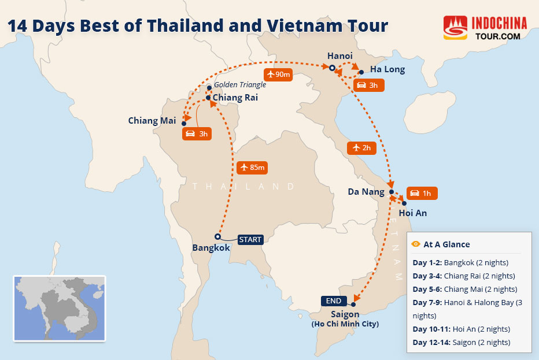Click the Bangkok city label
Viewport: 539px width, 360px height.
(x=211, y=248)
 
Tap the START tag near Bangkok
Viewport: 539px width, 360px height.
(x=250, y=239)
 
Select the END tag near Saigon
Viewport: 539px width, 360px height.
(x=334, y=300)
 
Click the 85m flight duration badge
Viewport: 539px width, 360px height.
(x=252, y=168)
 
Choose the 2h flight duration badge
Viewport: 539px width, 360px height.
(x=361, y=148)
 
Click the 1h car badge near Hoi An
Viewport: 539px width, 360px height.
(x=422, y=193)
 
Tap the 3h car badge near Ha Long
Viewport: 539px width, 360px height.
(x=368, y=86)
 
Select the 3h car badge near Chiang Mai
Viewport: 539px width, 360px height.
(x=196, y=134)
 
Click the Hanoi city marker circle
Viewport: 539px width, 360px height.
(x=332, y=68)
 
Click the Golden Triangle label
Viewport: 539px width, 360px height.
(x=240, y=85)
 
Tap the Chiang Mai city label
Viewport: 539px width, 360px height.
(x=152, y=121)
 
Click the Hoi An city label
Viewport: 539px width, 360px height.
(x=413, y=213)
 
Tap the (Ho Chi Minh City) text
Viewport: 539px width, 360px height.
(x=345, y=324)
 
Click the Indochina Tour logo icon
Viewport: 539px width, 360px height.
(x=455, y=28)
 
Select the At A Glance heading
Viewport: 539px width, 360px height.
(x=446, y=244)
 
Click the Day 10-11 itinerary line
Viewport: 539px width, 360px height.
(x=461, y=329)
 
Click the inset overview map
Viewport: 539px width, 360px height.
(x=60, y=308)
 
